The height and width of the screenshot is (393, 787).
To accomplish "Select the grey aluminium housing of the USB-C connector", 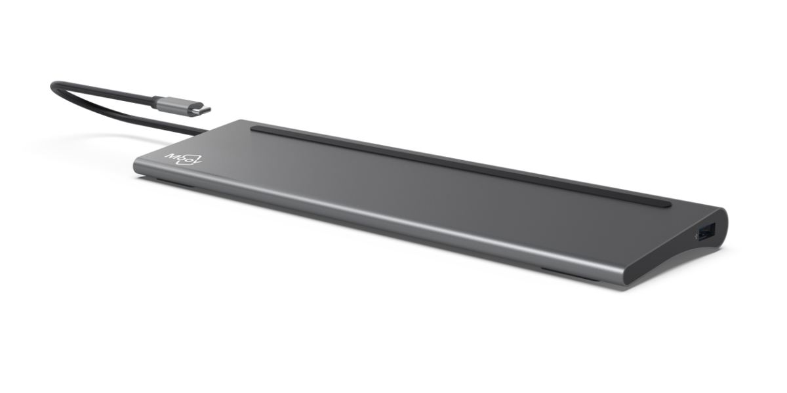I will coord(176,105).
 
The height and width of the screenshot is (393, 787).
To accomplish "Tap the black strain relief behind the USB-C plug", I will coord(156,101).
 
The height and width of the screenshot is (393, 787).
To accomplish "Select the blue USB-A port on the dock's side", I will coord(708,231).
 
